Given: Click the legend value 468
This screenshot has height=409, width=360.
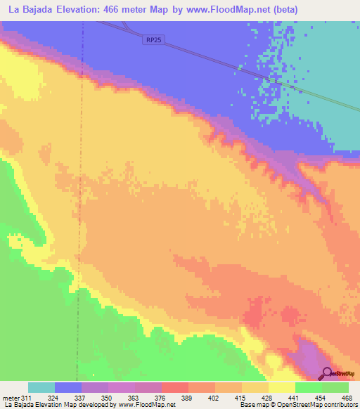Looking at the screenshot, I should pos(347,398).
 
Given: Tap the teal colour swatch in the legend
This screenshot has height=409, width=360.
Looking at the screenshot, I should pos(41,387).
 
